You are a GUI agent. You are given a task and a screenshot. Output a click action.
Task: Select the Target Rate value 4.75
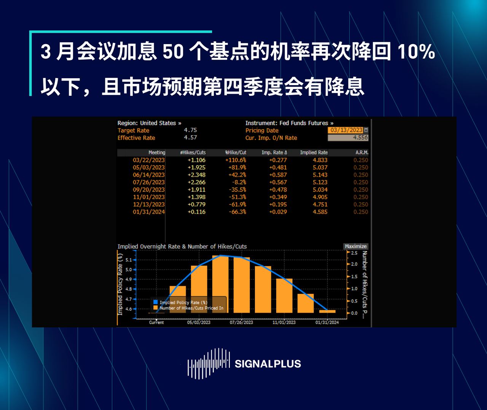190,130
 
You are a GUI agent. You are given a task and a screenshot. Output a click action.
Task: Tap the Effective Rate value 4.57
190,138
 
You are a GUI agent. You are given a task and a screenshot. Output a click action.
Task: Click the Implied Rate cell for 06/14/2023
320,175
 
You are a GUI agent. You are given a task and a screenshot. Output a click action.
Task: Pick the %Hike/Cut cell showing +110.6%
236,160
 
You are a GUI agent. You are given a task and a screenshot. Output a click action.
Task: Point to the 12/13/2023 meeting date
149,204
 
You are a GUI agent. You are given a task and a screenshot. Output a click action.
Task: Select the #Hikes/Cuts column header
193,152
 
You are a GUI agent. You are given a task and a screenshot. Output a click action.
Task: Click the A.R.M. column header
362,152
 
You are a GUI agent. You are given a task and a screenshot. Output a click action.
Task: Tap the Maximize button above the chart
356,246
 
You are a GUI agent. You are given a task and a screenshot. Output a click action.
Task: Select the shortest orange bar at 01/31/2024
327,311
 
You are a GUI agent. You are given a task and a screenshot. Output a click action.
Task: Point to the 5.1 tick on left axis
129,260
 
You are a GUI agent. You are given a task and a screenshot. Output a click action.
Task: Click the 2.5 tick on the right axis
354,253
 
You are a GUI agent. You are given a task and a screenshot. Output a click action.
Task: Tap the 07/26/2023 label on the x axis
241,322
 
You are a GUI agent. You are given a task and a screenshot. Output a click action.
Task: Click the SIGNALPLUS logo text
267,364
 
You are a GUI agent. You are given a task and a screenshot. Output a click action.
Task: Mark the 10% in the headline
416,52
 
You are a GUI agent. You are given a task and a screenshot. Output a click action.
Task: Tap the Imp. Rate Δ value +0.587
278,175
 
